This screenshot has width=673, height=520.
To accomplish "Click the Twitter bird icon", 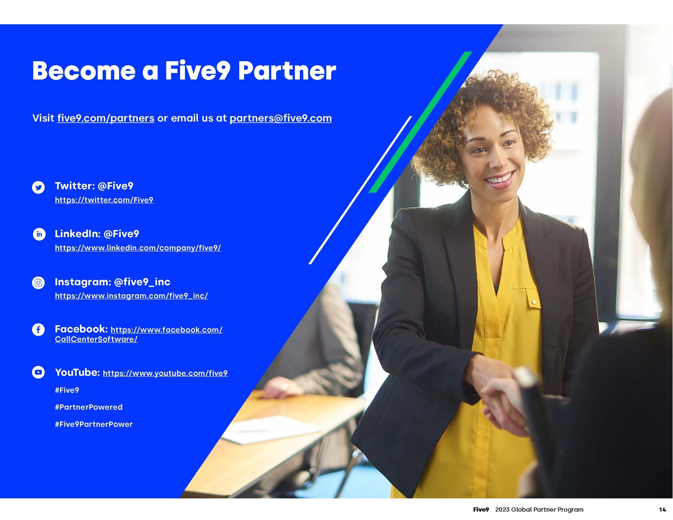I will click(38, 187).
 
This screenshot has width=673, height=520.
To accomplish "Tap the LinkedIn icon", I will click(39, 234).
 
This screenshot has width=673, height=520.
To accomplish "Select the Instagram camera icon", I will click(38, 283).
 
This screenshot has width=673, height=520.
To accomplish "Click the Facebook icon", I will click(38, 330).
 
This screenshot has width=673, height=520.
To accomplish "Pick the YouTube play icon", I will click(38, 373).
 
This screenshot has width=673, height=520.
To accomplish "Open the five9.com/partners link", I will click(106, 118).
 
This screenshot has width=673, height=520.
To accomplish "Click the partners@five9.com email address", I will click(281, 118).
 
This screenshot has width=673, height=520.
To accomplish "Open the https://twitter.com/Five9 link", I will click(104, 200).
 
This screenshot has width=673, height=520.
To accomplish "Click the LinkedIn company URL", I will click(138, 248).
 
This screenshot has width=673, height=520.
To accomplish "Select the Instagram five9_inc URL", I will click(131, 296).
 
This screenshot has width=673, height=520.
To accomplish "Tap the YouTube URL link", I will click(165, 373).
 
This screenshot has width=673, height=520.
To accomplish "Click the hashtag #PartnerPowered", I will click(89, 407).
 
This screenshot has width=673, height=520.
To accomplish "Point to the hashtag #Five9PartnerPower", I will click(94, 424).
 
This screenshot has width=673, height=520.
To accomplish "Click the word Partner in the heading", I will click(287, 71).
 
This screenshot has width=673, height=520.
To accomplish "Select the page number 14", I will click(662, 510).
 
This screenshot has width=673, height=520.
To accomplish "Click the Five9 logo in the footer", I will click(481, 510).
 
